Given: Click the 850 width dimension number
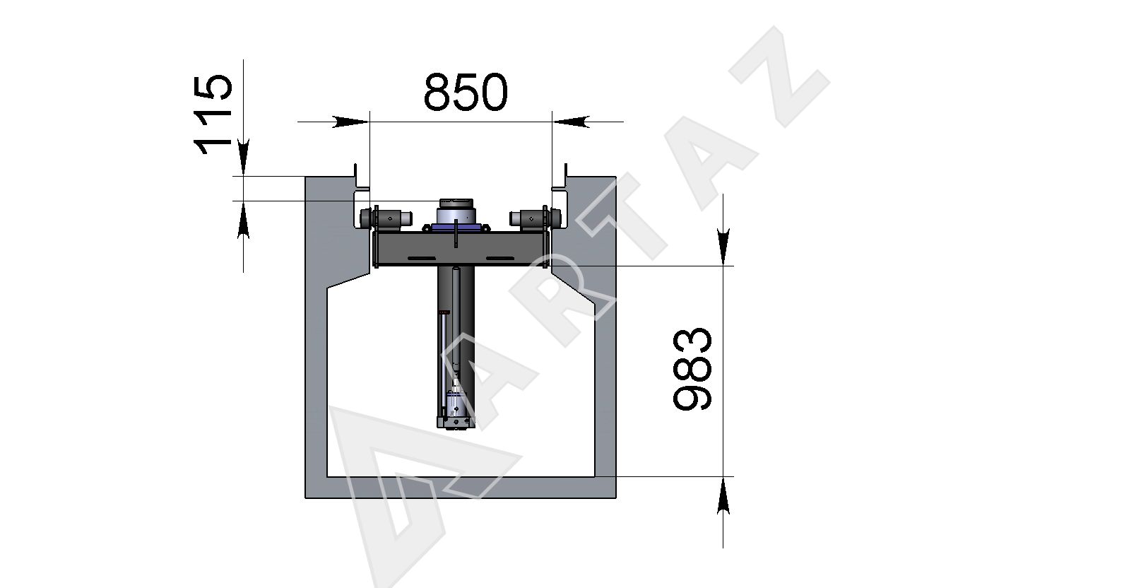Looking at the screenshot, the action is coord(465,92).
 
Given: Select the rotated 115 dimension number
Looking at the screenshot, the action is coord(213,114).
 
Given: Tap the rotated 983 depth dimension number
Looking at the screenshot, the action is coord(692,369).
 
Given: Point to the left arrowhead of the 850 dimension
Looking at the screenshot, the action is coord(350,122).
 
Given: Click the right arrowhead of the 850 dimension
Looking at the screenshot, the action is coord(571,122).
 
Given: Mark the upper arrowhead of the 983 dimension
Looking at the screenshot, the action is coord(723,247).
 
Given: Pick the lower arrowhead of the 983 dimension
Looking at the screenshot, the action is coord(723,495).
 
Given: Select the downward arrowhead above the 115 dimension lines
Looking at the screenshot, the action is coord(244,158).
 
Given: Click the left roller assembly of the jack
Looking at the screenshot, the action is coord(386,218).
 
